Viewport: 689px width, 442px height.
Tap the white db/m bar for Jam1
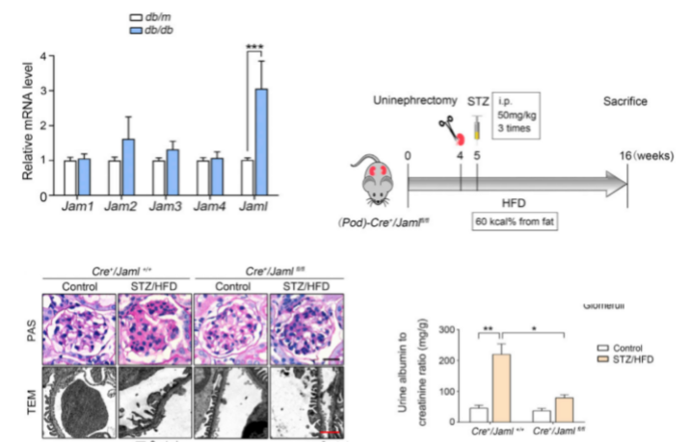pyautogui.click(x=68, y=179)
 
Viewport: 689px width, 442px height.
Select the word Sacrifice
pyautogui.click(x=625, y=100)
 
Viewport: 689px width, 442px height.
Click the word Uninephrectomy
pyautogui.click(x=415, y=100)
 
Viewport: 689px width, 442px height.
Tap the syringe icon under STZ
pyautogui.click(x=476, y=128)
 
